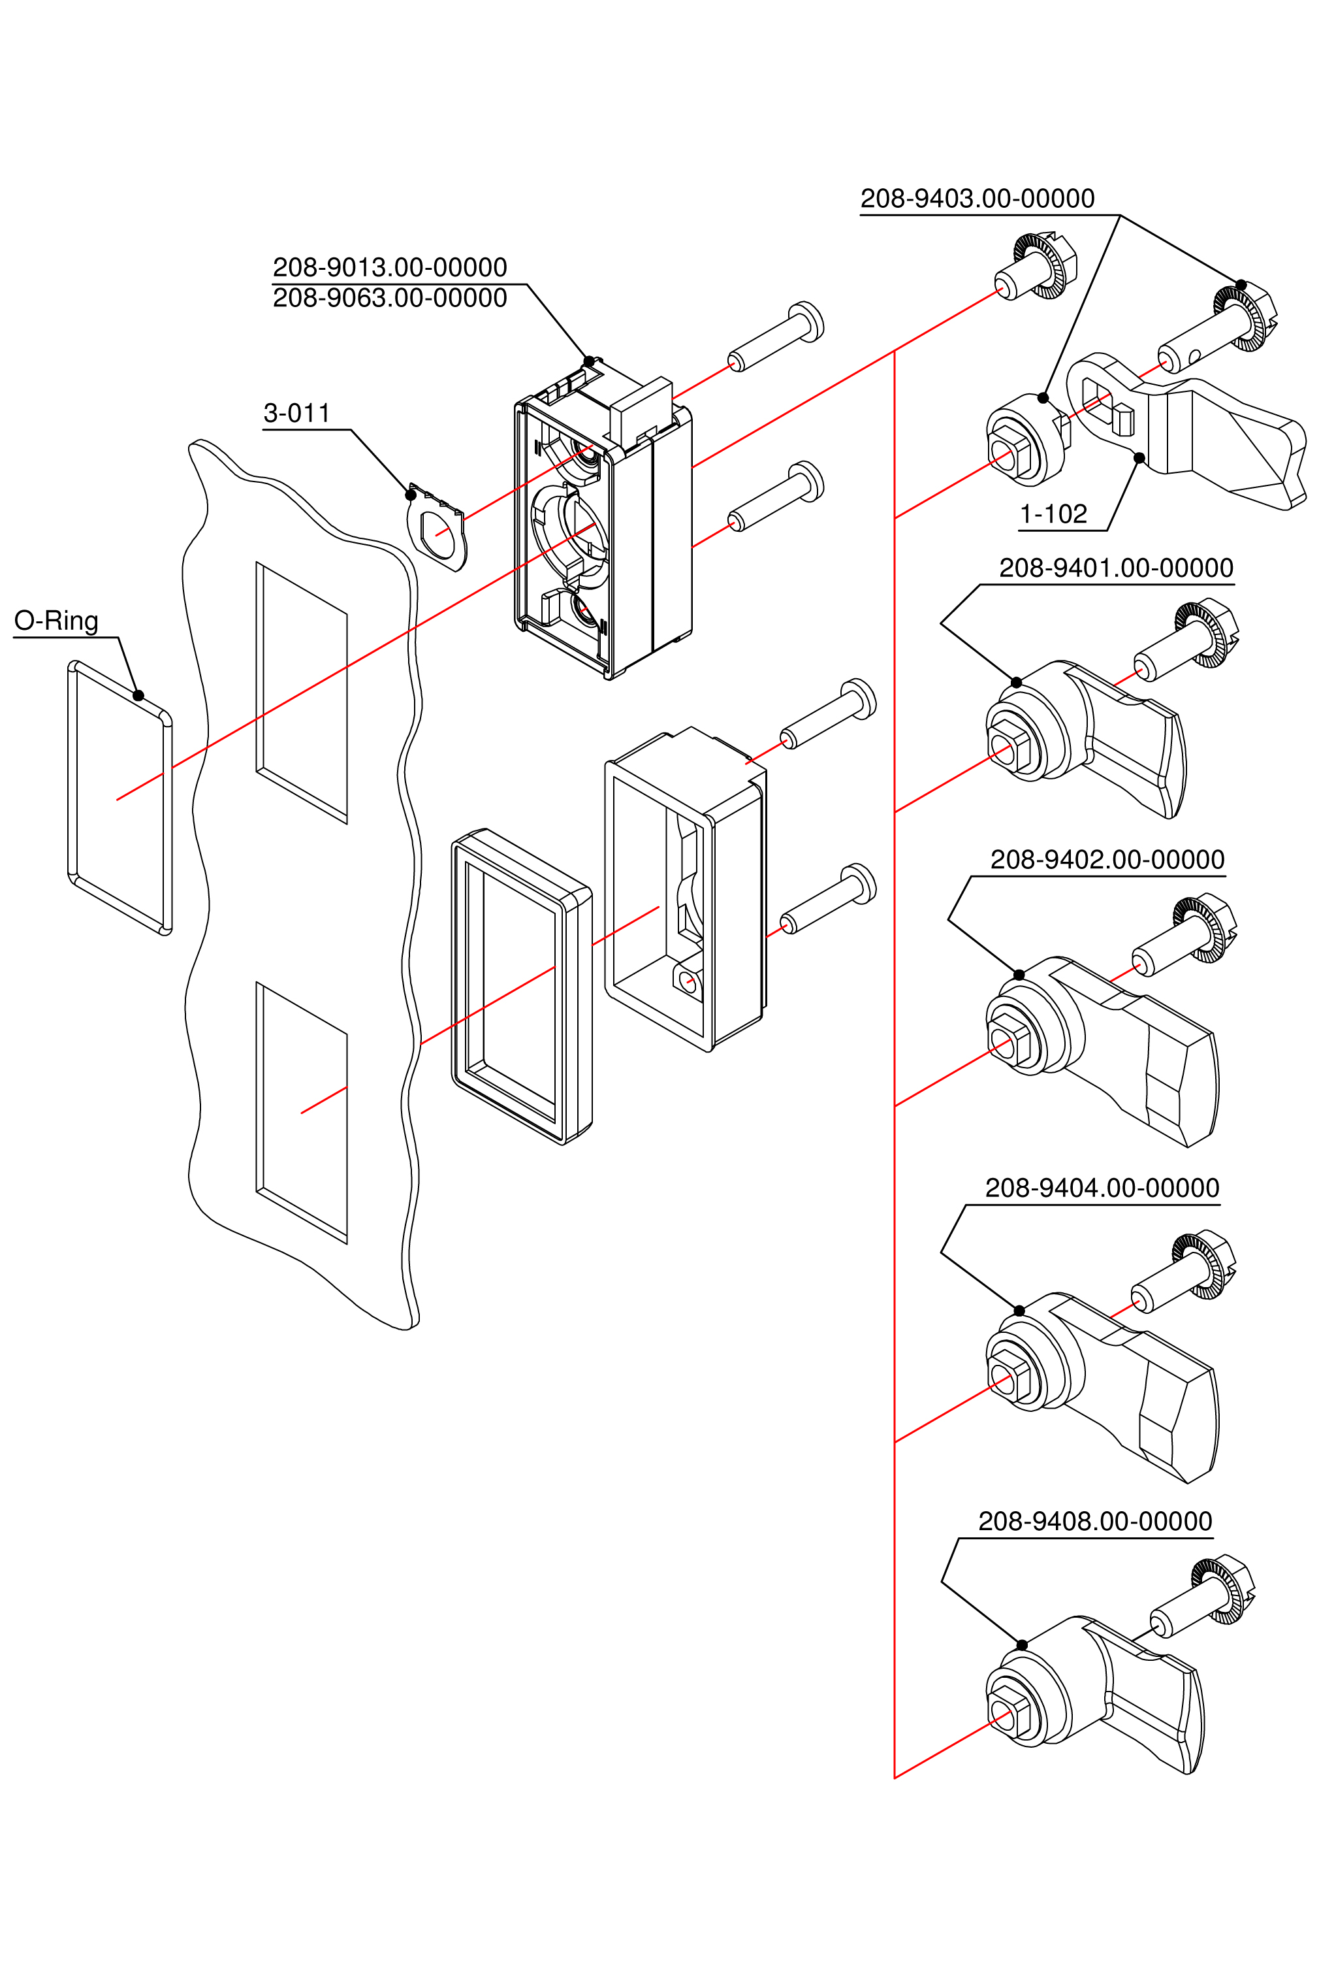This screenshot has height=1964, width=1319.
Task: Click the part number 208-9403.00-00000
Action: point(977,199)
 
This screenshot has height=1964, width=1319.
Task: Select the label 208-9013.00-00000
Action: point(389,268)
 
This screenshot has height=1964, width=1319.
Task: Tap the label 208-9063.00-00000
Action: point(389,299)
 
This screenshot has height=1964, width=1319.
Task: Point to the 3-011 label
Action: point(296,413)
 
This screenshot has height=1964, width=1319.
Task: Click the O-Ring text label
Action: point(56,621)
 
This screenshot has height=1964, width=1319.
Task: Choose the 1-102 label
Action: point(1053,514)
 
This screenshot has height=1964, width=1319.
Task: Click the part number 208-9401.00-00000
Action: point(1115,568)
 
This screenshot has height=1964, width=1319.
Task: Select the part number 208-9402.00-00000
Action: point(1107,860)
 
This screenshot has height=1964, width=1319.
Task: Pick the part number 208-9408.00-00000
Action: point(1094,1522)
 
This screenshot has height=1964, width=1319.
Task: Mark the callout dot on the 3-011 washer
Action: point(411,495)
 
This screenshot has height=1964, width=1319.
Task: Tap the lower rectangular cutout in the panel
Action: point(302,1111)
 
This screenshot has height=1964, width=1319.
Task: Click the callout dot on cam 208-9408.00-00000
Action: point(1022,1645)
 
